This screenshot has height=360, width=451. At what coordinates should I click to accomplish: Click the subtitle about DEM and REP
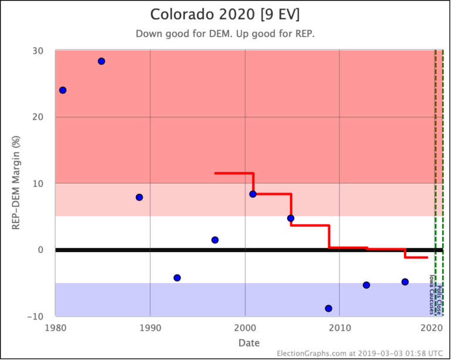[x=225, y=33]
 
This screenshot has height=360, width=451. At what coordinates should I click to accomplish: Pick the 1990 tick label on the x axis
[x=150, y=328]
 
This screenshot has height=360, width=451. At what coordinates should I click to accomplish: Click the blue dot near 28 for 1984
[x=101, y=61]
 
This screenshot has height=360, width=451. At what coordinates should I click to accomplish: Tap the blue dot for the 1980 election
[x=63, y=90]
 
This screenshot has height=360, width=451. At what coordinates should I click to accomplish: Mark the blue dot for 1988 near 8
[x=139, y=197]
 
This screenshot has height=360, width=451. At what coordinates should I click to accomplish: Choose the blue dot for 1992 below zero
[x=177, y=278]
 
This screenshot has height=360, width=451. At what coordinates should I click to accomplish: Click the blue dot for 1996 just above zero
[x=215, y=240]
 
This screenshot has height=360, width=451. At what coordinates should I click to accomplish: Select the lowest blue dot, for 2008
[x=328, y=308]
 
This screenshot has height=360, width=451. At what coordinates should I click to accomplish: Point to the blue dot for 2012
[x=366, y=285]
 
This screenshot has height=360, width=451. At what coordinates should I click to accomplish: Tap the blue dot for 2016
[x=405, y=282]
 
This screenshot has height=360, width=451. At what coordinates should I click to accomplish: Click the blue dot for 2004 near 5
[x=291, y=218]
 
